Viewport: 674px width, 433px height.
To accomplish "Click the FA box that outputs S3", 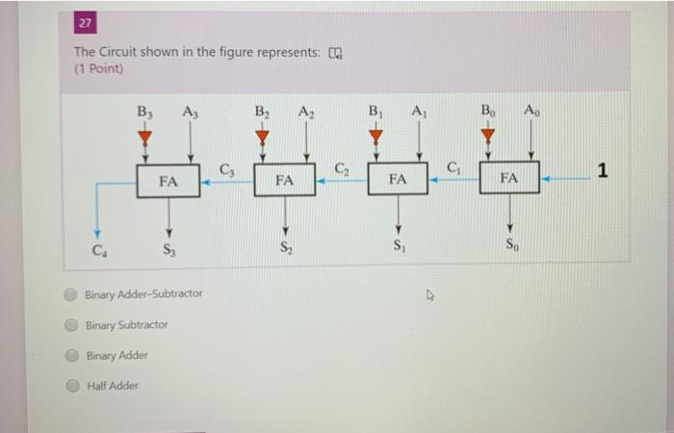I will (168, 180).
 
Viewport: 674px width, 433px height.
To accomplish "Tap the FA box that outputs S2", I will (284, 180).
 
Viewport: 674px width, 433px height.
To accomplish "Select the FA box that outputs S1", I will (398, 179).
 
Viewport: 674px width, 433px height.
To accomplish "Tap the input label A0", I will (531, 110).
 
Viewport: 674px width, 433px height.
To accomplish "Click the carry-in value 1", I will (603, 172).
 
